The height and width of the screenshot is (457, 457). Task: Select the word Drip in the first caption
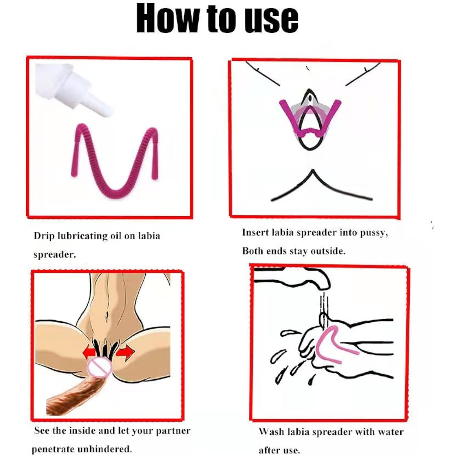44,236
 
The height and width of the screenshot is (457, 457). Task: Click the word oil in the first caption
116,236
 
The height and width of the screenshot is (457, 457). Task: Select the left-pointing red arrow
90,352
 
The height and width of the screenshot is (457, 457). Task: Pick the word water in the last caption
391,432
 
